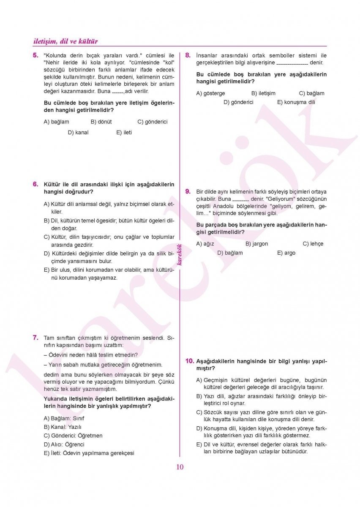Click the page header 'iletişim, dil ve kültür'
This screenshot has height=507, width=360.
[65, 41]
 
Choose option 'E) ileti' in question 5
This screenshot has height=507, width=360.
[124, 133]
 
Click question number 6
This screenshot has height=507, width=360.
[35, 184]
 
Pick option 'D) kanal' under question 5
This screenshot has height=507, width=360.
[78, 133]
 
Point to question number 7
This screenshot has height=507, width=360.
[35, 338]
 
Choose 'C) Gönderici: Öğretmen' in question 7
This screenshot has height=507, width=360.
[73, 436]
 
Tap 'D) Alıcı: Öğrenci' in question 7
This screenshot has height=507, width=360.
[64, 444]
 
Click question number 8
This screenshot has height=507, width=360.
[188, 55]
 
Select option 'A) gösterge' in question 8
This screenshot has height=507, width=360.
[210, 93]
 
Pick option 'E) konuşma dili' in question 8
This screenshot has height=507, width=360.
[296, 102]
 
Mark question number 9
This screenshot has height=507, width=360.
[188, 191]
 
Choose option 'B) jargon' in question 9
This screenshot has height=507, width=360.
[256, 244]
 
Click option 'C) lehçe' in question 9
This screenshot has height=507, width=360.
[313, 244]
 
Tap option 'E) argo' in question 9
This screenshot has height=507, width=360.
[286, 253]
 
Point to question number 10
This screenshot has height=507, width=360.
[190, 361]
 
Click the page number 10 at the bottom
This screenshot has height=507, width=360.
[180, 467]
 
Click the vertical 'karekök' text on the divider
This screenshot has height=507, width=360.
[180, 255]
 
